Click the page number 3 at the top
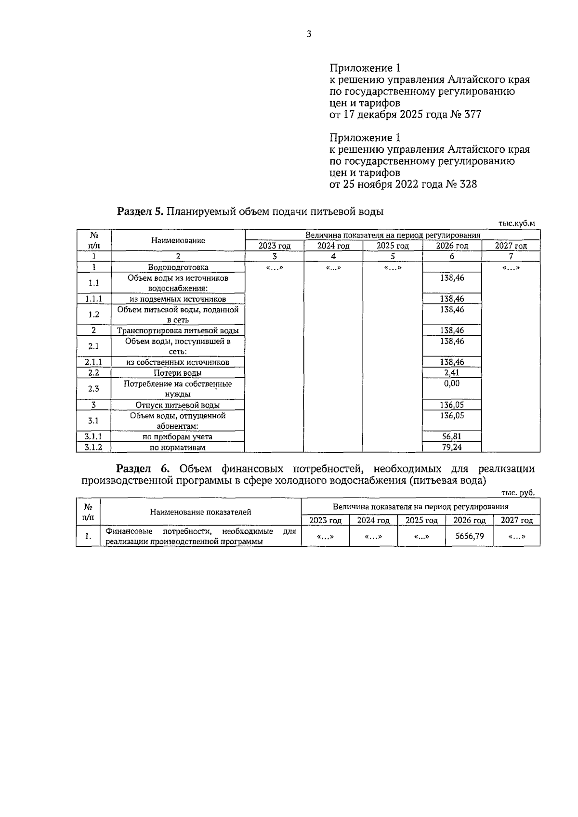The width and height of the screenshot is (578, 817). pos(309,34)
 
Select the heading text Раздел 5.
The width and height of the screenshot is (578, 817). pos(141,211)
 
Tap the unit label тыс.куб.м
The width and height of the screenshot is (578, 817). pos(516,223)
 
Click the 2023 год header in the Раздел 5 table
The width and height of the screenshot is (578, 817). pos(275,246)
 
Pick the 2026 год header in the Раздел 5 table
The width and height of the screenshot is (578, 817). pos(452,246)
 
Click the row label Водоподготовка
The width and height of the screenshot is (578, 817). pos(178,267)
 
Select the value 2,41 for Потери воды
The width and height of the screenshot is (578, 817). pos(452,372)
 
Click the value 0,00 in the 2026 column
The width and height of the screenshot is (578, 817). pos(452,383)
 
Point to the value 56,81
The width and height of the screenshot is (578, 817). pos(452,436)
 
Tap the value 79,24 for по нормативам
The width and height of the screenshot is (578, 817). pos(452,447)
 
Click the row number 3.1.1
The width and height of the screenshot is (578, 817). pos(93,436)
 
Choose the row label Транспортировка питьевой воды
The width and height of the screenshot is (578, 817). pos(178,330)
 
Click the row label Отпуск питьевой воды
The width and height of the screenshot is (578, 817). pos(178,405)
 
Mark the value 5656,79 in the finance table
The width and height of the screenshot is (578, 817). pos(469,536)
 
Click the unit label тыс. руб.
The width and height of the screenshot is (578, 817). pos(518,493)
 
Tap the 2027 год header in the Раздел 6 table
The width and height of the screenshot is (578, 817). pos(516,520)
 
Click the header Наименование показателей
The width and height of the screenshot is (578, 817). pos(200,512)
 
